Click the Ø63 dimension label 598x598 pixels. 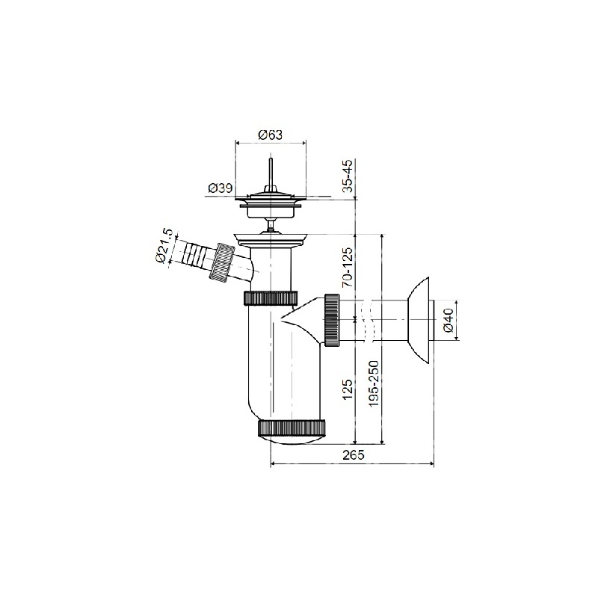271,135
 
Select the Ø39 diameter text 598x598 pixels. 220,188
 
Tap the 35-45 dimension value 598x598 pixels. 348,176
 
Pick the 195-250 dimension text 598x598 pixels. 374,383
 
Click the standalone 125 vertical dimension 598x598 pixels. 348,389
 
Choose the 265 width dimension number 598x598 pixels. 353,454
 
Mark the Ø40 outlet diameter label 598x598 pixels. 449,321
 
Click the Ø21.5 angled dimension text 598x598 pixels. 164,246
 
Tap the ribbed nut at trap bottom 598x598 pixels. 292,428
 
